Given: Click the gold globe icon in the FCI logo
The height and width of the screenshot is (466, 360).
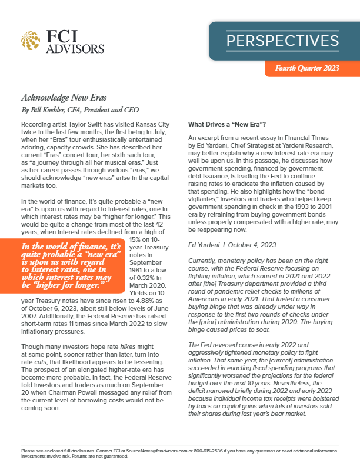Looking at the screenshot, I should [x=30, y=40].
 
